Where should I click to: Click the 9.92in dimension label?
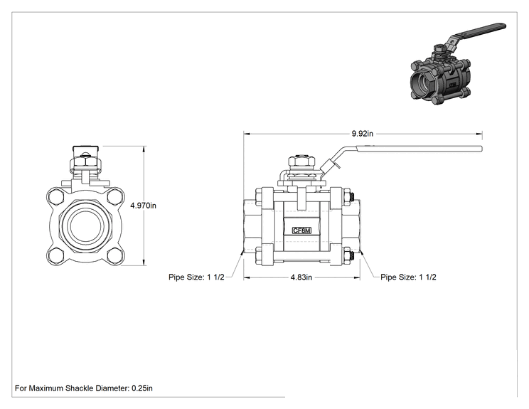tap(363, 134)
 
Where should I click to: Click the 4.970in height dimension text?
tap(144, 206)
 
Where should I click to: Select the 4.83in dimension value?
tap(301, 277)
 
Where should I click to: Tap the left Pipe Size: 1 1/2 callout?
tap(196, 277)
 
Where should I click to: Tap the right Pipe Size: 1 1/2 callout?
tap(408, 277)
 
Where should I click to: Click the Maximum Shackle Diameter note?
tap(84, 388)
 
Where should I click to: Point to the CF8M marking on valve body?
tap(301, 231)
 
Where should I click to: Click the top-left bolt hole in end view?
tap(55, 197)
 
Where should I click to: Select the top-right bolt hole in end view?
tap(114, 197)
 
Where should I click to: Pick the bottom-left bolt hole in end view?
tap(55, 256)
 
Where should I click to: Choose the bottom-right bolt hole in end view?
tap(114, 256)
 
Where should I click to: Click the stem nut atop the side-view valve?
tap(301, 161)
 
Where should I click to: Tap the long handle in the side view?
tap(418, 149)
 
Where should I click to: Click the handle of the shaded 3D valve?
tap(479, 32)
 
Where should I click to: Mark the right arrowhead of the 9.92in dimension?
tap(479, 134)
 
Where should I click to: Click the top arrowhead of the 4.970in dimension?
tap(144, 149)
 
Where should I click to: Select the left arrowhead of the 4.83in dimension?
tap(247, 277)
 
